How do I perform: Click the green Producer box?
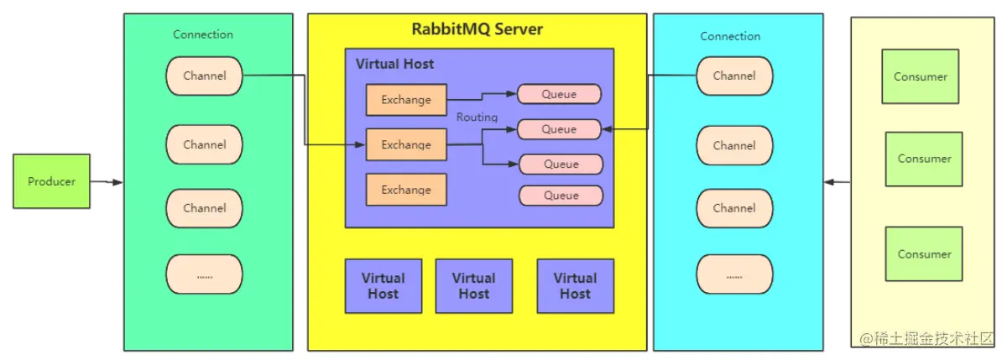52,181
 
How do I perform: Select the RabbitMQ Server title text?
477,29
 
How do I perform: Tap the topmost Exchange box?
406,100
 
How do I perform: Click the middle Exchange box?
406,144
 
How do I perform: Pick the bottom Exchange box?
406,190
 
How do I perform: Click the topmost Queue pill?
559,94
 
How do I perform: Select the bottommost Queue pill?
561,196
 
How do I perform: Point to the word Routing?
477,117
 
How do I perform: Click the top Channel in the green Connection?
205,76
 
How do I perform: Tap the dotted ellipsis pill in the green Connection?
205,274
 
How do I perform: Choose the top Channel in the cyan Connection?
734,76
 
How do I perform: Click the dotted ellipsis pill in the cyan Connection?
734,274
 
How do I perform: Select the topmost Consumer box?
921,76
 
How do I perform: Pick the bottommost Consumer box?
924,254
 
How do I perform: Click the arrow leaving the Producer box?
107,182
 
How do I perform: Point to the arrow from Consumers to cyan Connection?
837,182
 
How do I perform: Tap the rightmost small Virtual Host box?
576,286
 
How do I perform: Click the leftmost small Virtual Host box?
383,286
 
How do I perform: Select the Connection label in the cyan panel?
730,36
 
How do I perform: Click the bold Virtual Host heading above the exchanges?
394,64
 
